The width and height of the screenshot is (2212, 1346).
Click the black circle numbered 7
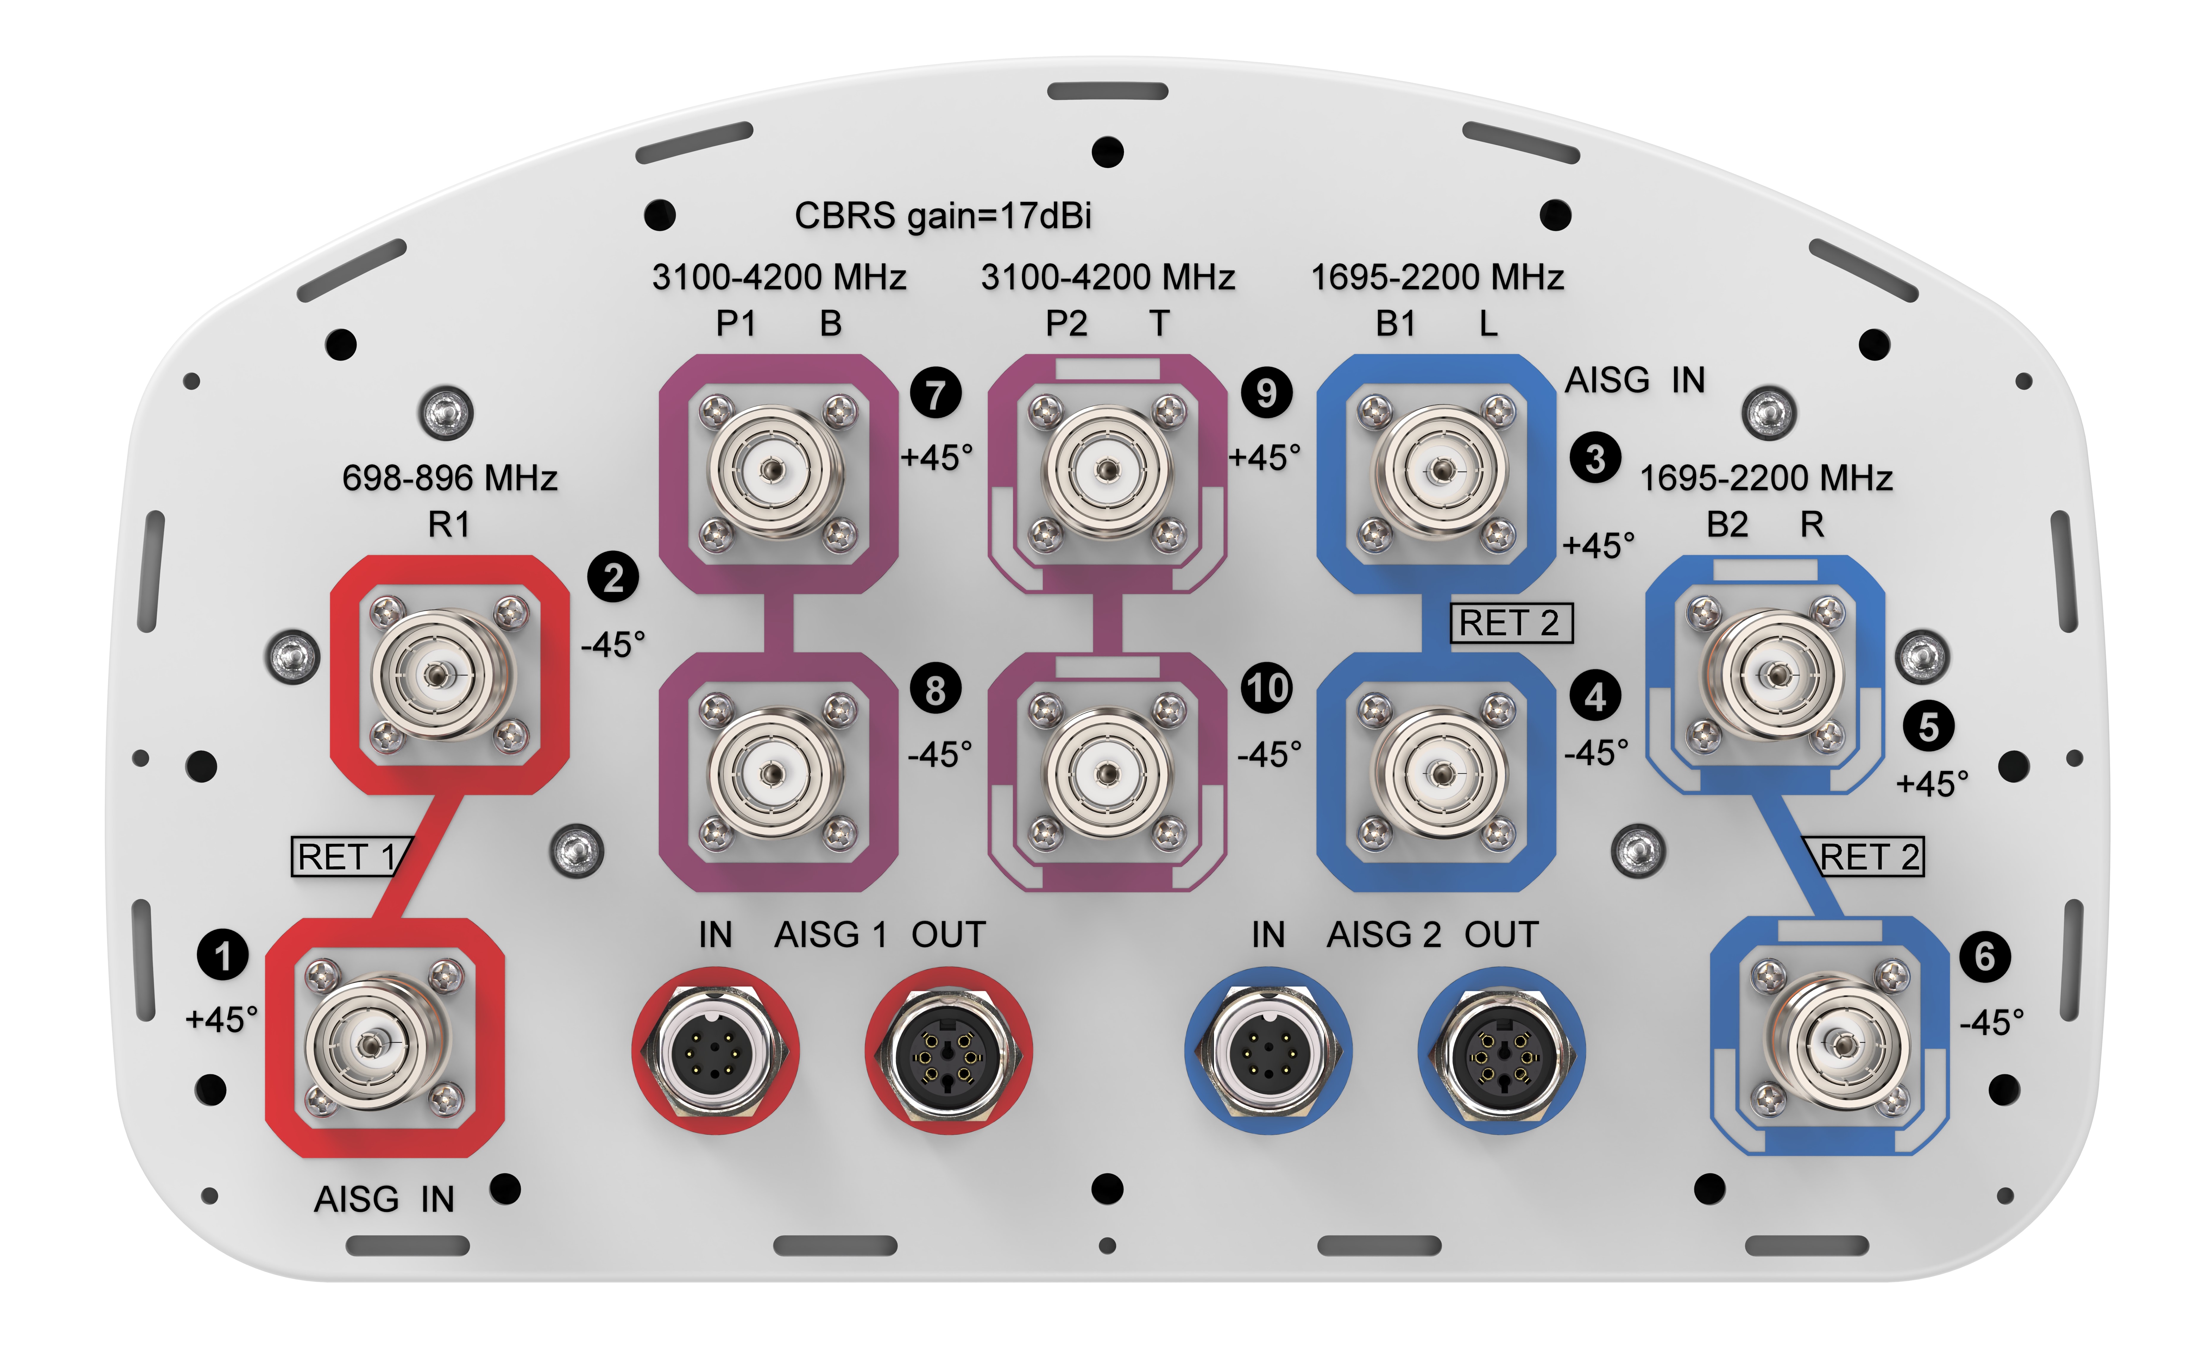pyautogui.click(x=936, y=393)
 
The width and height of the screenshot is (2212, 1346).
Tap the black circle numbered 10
pyautogui.click(x=1267, y=689)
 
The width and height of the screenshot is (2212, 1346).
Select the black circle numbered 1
pyautogui.click(x=223, y=955)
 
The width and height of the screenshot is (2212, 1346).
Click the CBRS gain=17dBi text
pyautogui.click(x=943, y=216)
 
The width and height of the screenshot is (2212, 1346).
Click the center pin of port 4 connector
pyautogui.click(x=1442, y=773)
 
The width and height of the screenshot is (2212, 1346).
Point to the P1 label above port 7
pyautogui.click(x=735, y=323)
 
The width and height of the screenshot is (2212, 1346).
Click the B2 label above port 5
pyautogui.click(x=1726, y=524)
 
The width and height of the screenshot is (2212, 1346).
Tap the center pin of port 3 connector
pyautogui.click(x=1442, y=469)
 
